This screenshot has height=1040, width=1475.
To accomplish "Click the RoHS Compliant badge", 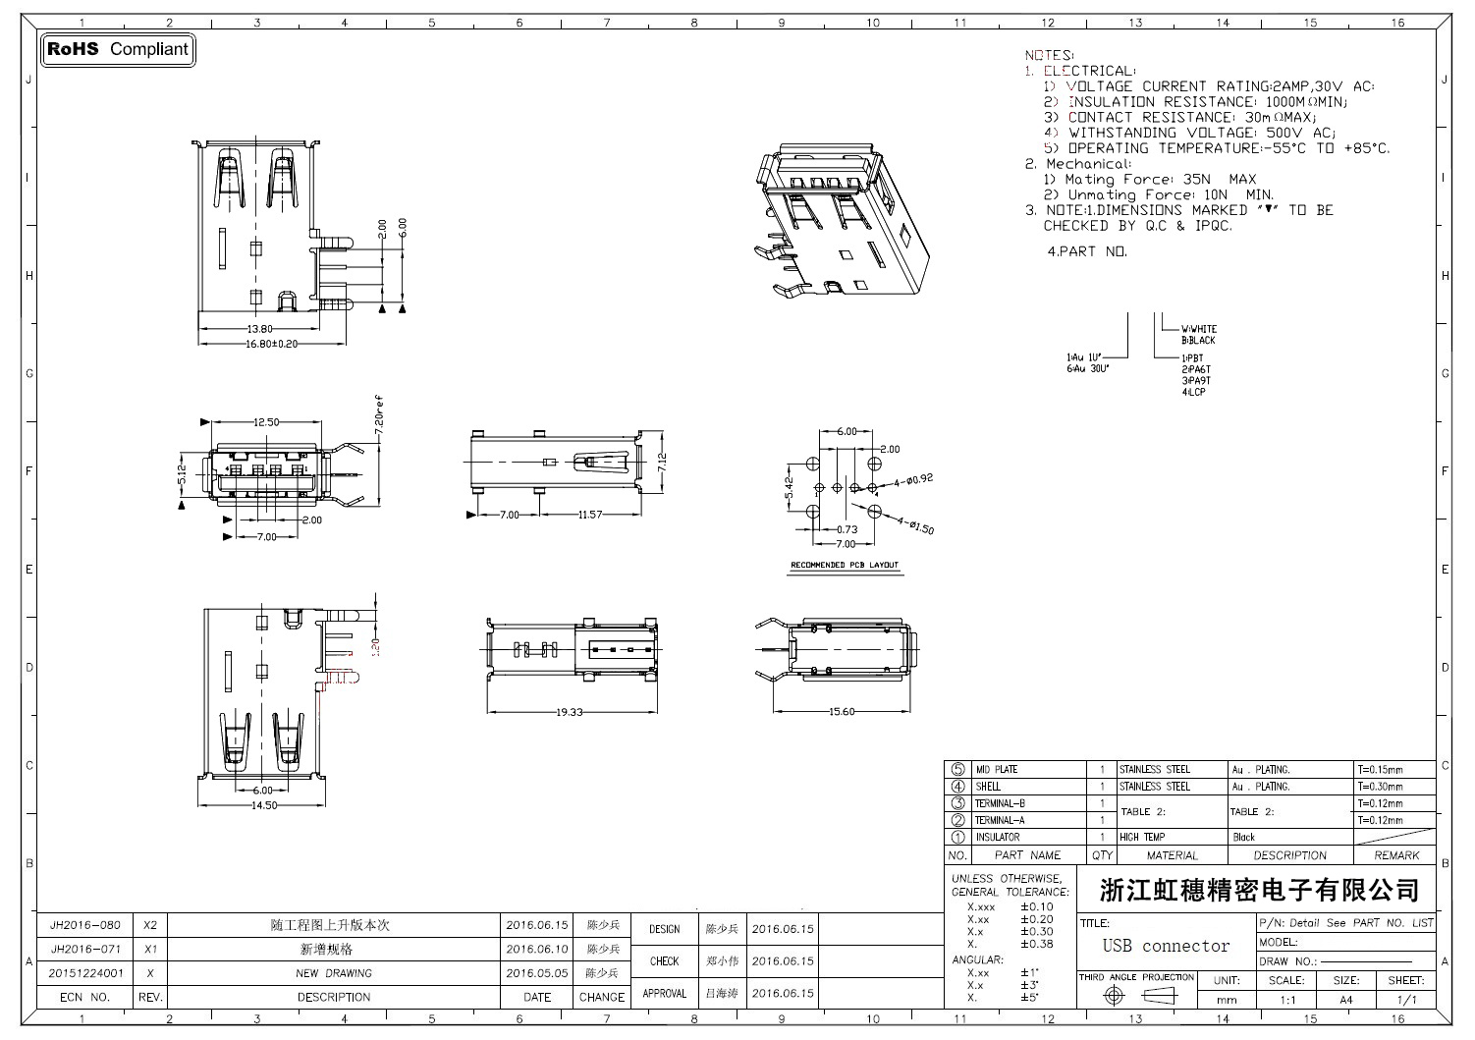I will tap(118, 49).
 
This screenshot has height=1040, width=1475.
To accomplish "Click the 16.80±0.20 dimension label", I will tap(273, 344).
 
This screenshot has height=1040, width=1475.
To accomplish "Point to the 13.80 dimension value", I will tap(260, 329).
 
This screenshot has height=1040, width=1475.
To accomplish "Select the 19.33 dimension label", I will tap(570, 711).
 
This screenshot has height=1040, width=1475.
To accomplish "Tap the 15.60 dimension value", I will tap(841, 711).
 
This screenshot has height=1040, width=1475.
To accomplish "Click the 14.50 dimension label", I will tap(263, 804).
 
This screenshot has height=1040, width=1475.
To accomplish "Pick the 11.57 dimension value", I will tap(590, 515).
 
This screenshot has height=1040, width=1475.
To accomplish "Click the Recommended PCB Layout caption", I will tap(845, 566).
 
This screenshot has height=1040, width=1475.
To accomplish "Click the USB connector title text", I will tap(1166, 946).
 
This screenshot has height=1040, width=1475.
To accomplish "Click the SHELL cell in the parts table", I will tap(988, 787).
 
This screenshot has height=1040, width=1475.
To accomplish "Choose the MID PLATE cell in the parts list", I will tap(996, 770).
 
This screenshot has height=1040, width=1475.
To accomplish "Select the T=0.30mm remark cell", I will tap(1380, 787).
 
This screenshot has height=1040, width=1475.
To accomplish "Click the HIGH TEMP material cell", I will tap(1142, 838).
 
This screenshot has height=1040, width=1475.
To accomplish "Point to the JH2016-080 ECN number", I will tap(85, 925).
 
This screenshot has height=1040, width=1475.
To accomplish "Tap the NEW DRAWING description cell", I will tap(334, 973).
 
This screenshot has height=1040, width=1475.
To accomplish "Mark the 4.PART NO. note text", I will tap(1087, 251).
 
